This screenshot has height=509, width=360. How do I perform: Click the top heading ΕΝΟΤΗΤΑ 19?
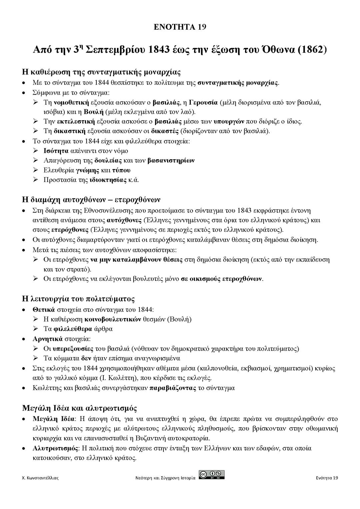pos(180,27)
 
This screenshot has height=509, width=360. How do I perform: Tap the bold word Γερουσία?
pos(203,102)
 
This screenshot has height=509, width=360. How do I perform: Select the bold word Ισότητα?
pos(56,151)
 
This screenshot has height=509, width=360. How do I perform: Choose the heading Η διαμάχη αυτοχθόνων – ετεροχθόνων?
pos(91,200)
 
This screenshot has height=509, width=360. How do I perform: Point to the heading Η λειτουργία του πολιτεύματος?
pos(78,299)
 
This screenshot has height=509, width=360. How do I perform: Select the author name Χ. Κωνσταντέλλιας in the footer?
pos(40,478)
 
